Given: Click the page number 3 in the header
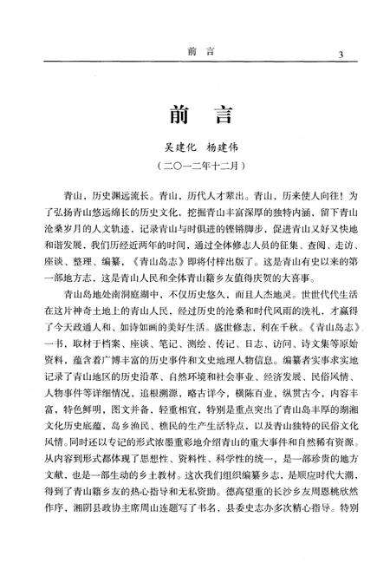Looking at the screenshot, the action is click(x=341, y=56).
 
